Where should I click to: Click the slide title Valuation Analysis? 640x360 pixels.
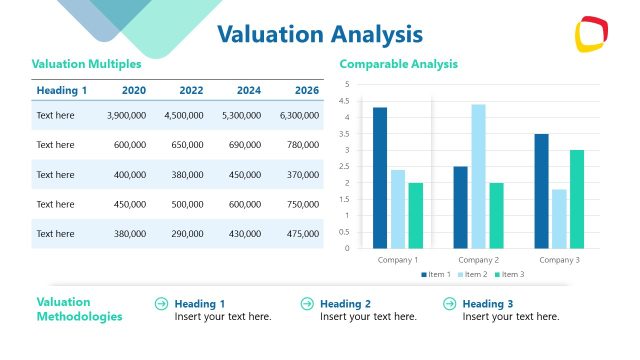tap(319, 35)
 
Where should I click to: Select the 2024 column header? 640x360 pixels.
tap(248, 91)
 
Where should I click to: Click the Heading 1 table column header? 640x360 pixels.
tap(62, 91)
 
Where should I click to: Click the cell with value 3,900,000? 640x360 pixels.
tap(127, 116)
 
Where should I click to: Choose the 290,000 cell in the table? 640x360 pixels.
tap(184, 234)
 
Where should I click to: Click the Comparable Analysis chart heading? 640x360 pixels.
tap(399, 64)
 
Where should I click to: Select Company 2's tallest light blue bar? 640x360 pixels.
tap(478, 176)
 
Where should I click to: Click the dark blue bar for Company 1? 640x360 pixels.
tap(380, 178)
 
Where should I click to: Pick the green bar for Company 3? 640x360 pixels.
tap(577, 199)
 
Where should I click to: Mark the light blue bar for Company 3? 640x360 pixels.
tap(559, 218)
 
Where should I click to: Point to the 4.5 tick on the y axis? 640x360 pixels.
tap(346, 101)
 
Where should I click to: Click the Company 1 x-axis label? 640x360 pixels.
tap(397, 259)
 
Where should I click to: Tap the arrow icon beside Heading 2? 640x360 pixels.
tap(306, 304)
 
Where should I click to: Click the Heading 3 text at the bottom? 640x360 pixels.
tap(488, 304)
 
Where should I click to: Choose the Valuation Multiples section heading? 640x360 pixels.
tap(87, 64)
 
